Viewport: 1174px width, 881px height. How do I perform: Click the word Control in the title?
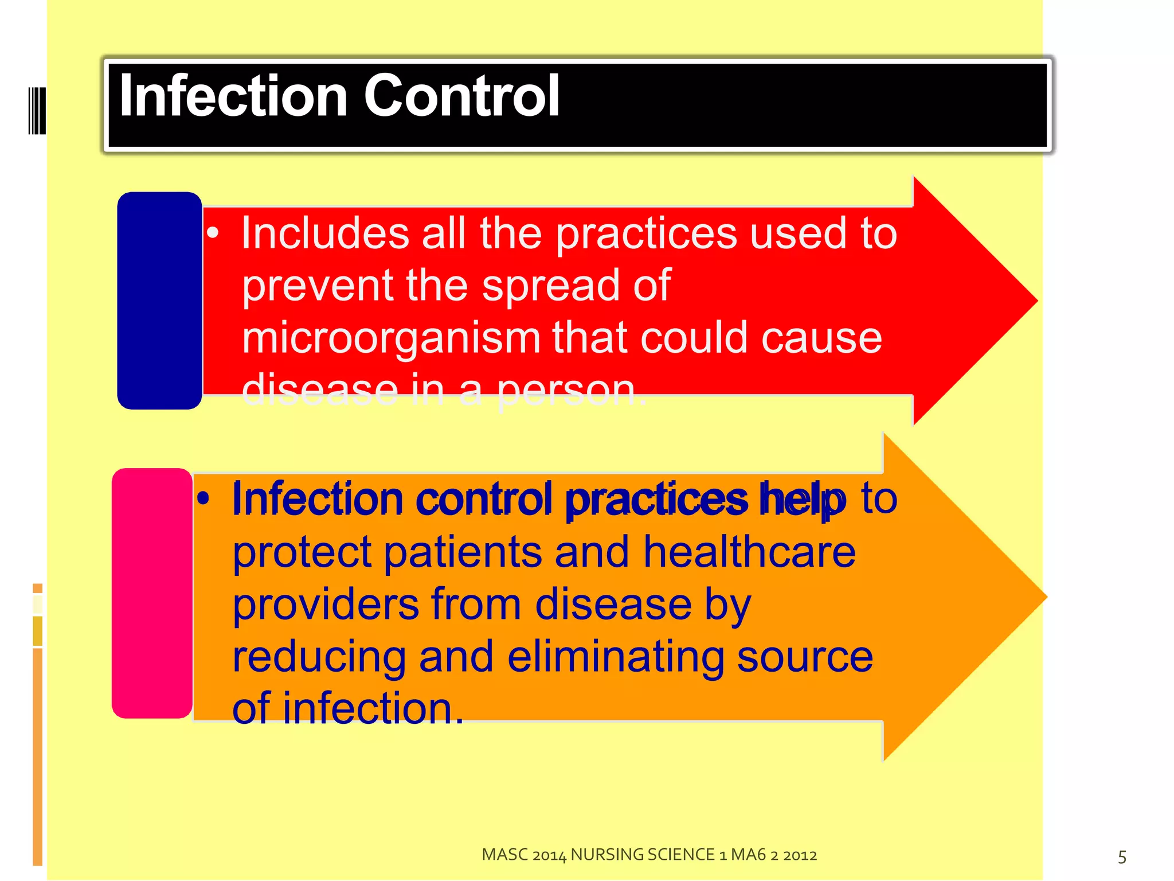[x=461, y=96]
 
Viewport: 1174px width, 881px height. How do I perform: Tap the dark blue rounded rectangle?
[x=159, y=301]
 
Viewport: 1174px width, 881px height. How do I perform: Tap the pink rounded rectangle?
[x=152, y=593]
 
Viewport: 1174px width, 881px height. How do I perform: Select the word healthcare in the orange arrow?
[x=749, y=552]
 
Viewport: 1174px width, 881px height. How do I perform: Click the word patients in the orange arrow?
[x=462, y=552]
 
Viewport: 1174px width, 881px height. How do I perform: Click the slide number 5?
[x=1122, y=857]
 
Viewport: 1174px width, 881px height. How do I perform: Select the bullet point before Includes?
[x=213, y=233]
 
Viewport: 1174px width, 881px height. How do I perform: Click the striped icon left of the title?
[x=37, y=110]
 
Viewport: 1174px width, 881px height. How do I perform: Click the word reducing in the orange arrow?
[x=319, y=657]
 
